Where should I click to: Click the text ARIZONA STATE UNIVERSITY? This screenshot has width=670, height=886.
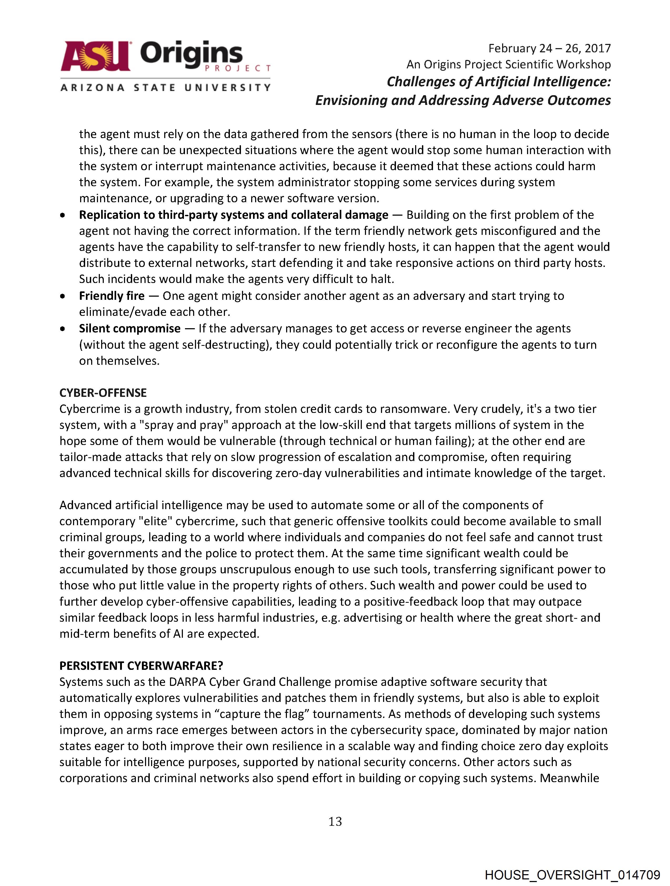point(165,87)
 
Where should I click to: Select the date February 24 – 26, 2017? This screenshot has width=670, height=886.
point(549,48)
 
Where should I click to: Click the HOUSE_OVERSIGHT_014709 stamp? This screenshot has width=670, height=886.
point(572,875)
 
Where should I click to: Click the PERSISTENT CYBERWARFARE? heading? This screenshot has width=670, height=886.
point(141,666)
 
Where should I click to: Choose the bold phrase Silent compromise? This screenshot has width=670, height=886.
point(130,328)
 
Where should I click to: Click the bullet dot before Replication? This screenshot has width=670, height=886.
point(63,215)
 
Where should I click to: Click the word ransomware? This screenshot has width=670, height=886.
point(409,409)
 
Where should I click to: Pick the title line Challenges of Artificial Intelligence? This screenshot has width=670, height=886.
point(498,82)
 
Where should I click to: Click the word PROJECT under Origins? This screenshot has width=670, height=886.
point(237,68)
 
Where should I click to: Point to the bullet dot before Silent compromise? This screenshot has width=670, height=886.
point(63,329)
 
